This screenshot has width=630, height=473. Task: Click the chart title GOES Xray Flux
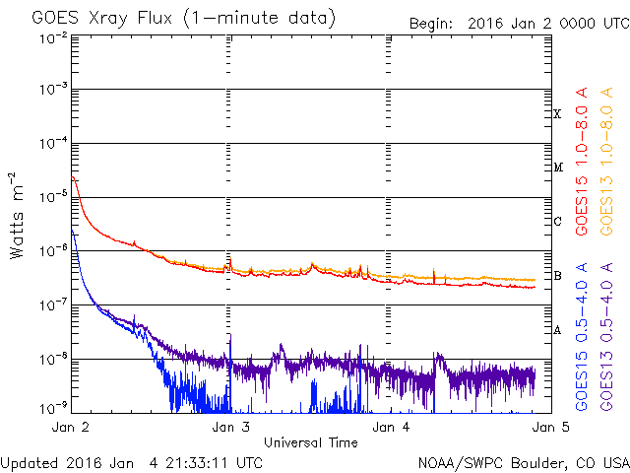[102, 19]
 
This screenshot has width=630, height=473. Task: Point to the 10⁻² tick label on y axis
[53, 38]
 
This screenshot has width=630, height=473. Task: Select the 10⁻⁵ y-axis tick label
[53, 196]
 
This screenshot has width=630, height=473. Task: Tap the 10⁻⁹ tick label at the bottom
[53, 408]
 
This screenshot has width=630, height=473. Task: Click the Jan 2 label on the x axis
[71, 427]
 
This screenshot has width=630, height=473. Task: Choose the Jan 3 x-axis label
[231, 427]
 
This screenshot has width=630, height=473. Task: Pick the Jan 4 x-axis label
[391, 427]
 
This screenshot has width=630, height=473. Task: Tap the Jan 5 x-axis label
[551, 427]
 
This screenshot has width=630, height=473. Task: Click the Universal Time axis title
[311, 442]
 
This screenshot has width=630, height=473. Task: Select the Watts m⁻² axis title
[17, 216]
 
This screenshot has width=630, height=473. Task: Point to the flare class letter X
[557, 114]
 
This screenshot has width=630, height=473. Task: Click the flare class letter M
[558, 167]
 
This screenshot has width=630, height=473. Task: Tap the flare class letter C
[557, 221]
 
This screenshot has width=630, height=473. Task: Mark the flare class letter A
[557, 330]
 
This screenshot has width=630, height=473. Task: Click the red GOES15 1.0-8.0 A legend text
[582, 162]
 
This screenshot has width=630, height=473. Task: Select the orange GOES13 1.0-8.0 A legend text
[606, 162]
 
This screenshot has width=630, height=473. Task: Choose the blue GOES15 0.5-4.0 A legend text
[582, 337]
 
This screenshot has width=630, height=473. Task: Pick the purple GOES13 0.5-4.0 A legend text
[606, 337]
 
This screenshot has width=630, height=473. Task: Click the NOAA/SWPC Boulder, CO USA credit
[524, 463]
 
